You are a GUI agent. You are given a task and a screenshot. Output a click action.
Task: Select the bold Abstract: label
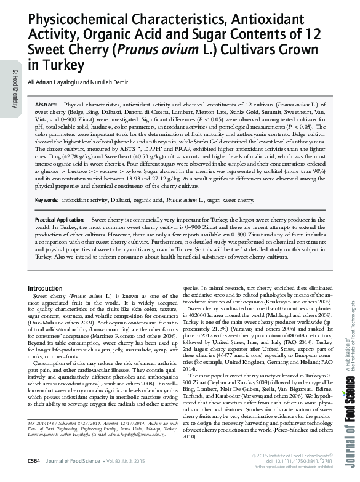(x=47, y=105)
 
